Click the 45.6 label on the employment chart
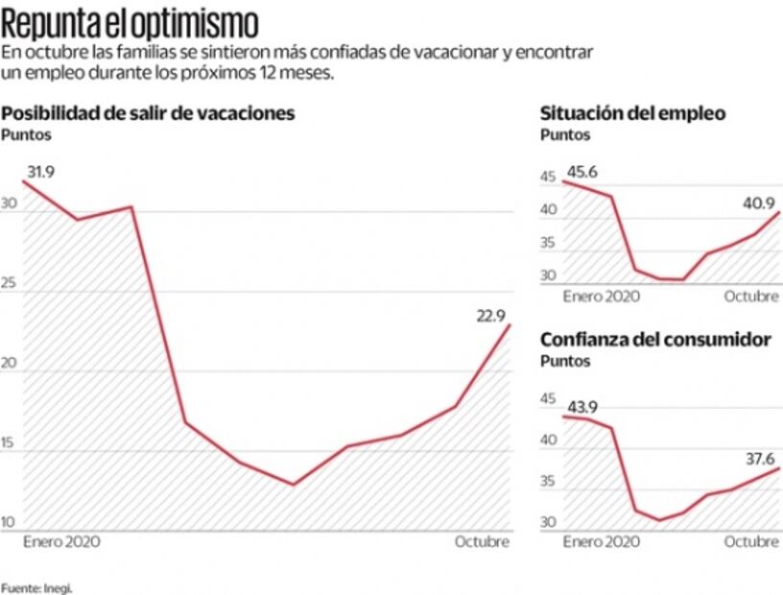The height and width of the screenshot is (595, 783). (584, 172)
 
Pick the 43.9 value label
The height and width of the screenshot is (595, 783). (584, 407)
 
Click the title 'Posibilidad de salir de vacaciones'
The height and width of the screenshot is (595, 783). (148, 113)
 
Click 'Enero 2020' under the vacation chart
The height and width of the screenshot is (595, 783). (61, 541)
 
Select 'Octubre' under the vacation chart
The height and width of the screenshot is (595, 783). (482, 541)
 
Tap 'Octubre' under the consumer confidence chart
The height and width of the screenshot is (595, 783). (751, 541)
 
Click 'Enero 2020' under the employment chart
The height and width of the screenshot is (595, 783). (602, 296)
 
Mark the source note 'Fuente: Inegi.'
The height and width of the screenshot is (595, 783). (36, 587)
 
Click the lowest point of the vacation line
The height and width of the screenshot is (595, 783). (293, 484)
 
